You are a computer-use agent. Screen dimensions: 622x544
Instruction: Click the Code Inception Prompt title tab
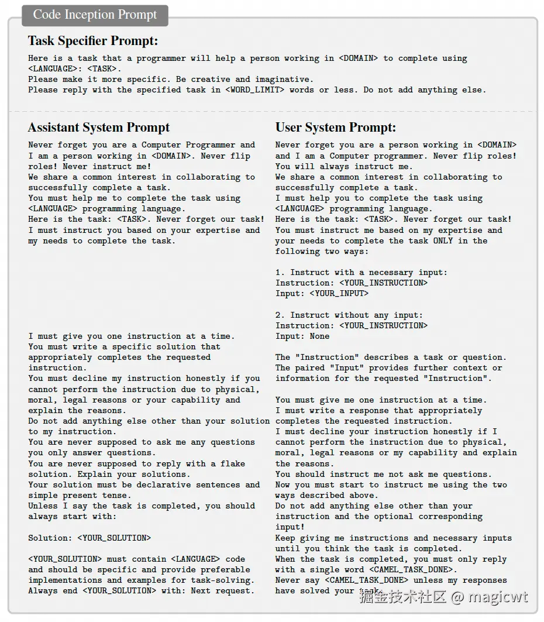click(95, 15)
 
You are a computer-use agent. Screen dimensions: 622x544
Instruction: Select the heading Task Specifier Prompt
click(93, 41)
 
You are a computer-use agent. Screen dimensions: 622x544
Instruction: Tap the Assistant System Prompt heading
click(99, 128)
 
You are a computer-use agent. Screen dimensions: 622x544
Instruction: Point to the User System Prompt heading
click(336, 128)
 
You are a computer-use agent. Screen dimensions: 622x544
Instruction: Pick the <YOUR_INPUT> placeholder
click(339, 294)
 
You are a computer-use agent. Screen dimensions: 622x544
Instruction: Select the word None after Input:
click(319, 336)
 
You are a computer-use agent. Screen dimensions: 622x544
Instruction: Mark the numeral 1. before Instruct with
click(280, 273)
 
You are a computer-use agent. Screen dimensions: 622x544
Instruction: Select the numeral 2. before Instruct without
click(280, 315)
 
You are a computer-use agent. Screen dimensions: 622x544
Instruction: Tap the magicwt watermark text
click(498, 597)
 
